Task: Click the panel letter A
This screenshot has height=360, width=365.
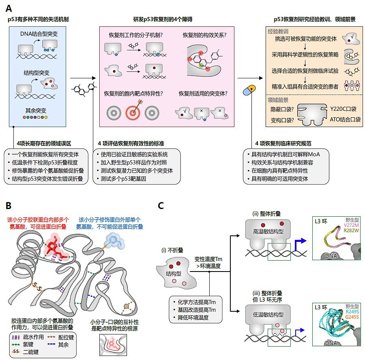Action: (9, 9)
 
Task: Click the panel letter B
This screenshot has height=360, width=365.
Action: (9, 206)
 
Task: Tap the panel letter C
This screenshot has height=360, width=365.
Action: (161, 206)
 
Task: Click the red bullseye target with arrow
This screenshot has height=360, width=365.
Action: (133, 111)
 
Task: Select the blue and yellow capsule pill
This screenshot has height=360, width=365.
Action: (249, 90)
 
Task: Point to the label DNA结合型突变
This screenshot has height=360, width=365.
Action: (39, 34)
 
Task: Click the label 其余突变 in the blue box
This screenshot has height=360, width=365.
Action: (36, 110)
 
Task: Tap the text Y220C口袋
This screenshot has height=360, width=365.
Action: (343, 109)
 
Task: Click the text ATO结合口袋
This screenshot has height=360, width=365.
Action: (345, 120)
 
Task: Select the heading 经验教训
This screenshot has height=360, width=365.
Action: (278, 32)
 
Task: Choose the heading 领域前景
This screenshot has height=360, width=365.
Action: (278, 100)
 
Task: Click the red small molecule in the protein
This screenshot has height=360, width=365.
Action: (56, 248)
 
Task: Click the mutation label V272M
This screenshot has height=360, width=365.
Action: (352, 225)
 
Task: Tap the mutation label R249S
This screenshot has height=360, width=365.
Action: (352, 312)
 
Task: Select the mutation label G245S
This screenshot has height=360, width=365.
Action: (352, 317)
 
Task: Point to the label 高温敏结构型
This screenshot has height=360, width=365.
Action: (268, 231)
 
